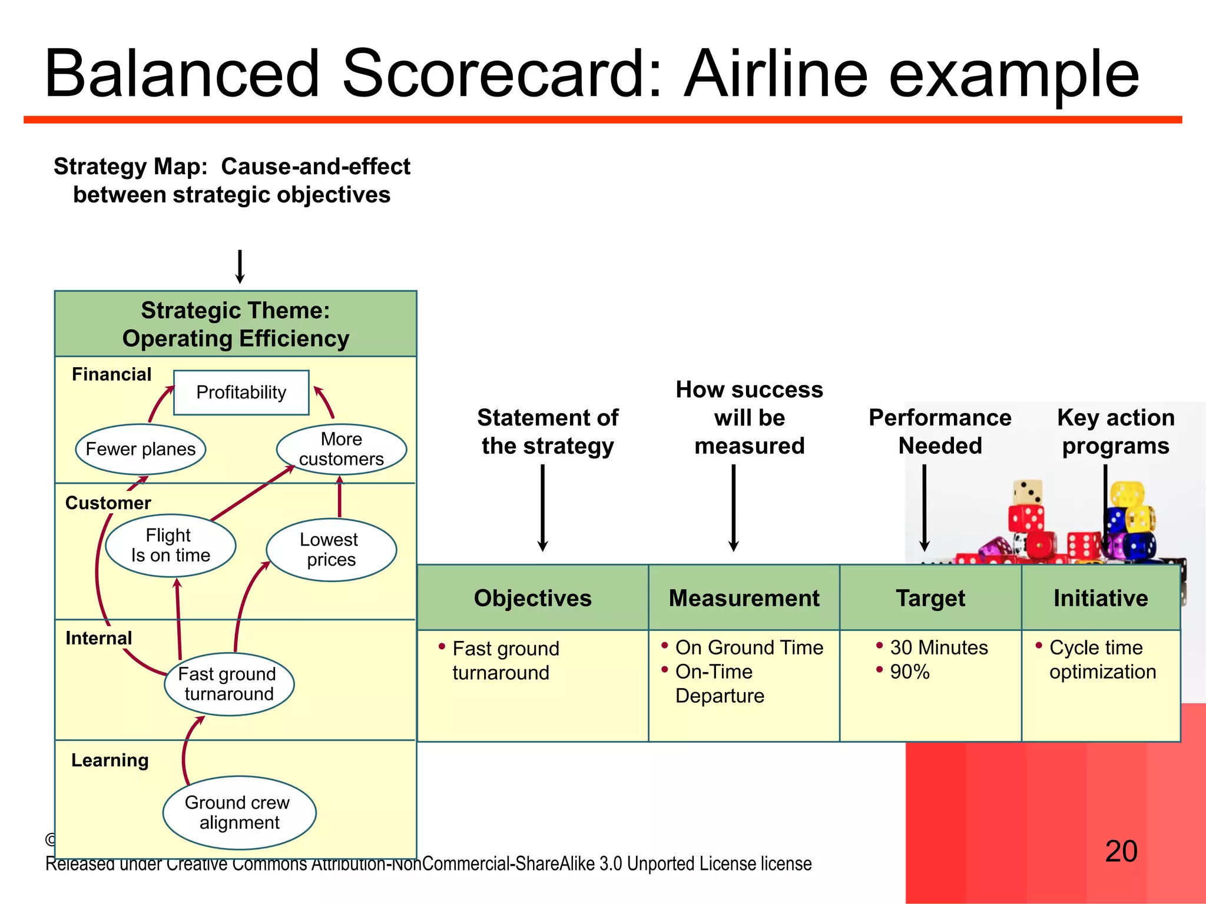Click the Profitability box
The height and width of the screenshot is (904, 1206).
point(241,393)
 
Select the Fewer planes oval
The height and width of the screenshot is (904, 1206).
point(140,449)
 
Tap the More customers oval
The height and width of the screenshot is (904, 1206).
point(341,449)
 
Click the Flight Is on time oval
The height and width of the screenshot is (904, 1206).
point(170,546)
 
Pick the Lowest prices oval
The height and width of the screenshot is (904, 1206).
point(331,550)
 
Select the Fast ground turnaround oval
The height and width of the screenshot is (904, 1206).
point(228,684)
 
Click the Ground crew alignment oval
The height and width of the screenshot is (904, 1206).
point(239,812)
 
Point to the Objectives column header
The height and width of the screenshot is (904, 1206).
point(532,598)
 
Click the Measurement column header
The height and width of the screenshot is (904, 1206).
point(744,598)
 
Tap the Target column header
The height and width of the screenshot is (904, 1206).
point(930,598)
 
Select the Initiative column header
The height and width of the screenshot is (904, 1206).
point(1101,598)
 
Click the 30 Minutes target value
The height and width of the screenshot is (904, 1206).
point(939,647)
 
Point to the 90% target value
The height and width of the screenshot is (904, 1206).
point(910,672)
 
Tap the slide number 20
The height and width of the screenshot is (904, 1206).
point(1121,851)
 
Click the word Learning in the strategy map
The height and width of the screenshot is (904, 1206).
point(110,760)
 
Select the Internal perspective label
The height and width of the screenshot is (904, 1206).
point(99,638)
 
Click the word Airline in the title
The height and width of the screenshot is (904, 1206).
point(776,74)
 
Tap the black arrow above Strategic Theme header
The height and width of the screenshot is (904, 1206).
point(240,267)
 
